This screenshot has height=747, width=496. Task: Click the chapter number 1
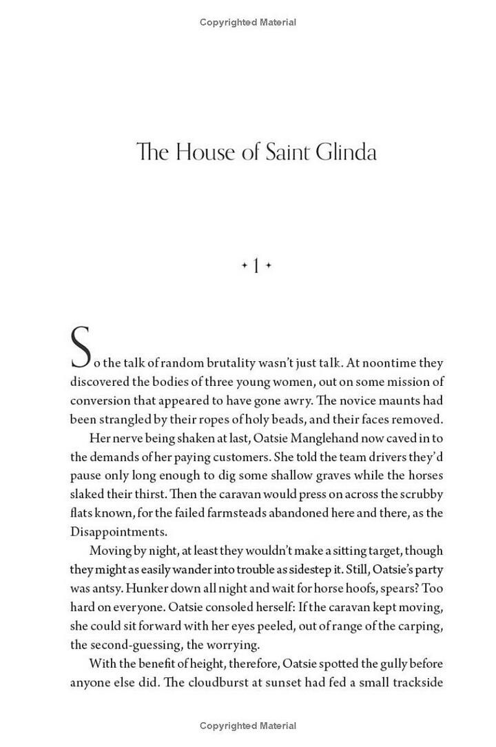coord(256,265)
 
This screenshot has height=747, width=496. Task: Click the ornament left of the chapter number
coord(244,265)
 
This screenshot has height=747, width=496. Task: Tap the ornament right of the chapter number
coord(268,265)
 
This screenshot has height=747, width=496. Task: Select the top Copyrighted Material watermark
coord(248,22)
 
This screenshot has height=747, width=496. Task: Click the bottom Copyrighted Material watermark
coord(248,726)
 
